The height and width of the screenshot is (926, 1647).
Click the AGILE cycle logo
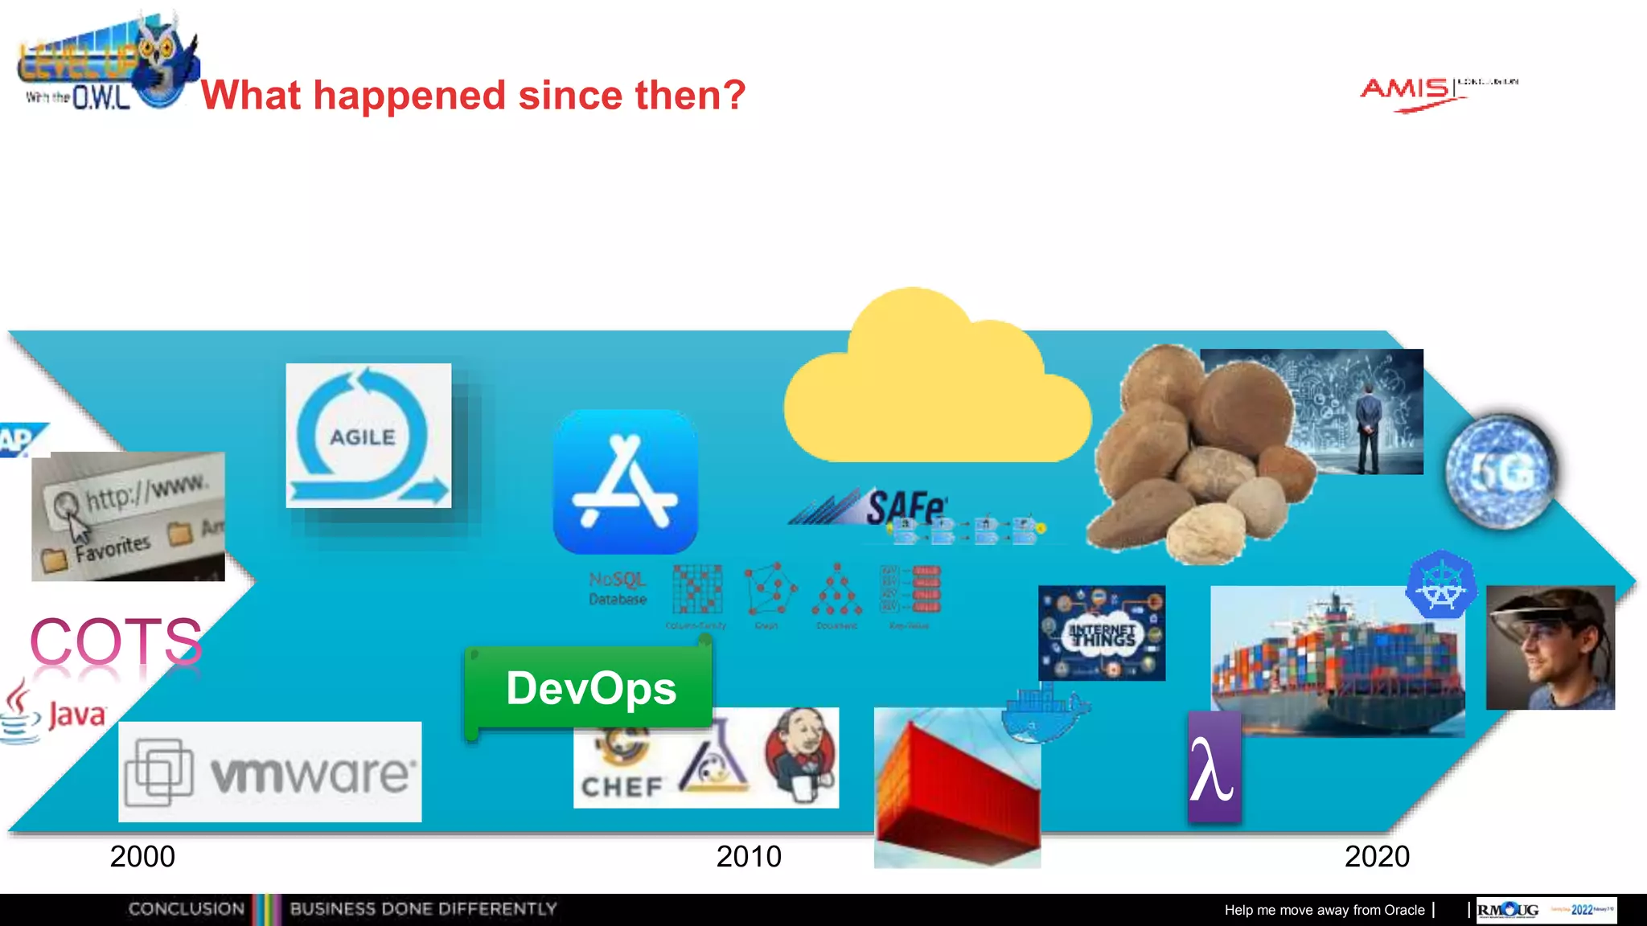[368, 435]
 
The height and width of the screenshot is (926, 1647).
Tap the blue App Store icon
[625, 481]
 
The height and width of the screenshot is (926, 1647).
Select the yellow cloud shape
[937, 386]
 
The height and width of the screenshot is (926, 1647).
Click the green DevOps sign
[590, 689]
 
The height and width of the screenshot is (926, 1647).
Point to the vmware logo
[270, 772]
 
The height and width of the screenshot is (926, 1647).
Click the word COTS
[116, 641]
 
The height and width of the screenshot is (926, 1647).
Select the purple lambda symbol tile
[1214, 768]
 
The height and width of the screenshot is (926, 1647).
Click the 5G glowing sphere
[1501, 472]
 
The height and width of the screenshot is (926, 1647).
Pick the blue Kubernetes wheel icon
[1441, 585]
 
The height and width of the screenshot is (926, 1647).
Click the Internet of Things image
[1101, 633]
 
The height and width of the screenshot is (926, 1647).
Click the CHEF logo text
[621, 785]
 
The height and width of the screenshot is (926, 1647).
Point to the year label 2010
[749, 857]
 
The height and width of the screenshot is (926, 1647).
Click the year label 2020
[1377, 857]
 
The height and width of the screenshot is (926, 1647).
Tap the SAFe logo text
[906, 507]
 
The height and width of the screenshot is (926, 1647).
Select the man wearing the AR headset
[1550, 648]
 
